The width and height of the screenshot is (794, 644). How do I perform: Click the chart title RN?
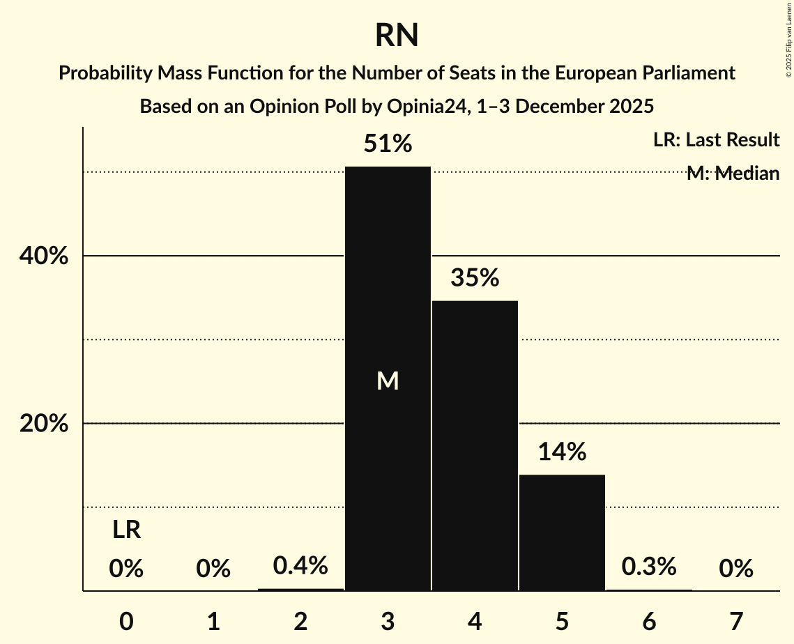[397, 35]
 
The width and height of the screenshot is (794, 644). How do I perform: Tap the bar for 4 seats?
[475, 446]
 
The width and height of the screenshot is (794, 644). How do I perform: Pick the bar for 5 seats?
[562, 532]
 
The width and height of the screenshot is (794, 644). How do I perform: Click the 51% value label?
[388, 144]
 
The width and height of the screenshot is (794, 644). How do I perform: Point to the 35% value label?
[475, 278]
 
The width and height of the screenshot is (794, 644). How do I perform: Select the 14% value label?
[562, 452]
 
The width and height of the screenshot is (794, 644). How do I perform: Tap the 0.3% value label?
[649, 567]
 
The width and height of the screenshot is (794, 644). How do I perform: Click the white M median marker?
[388, 381]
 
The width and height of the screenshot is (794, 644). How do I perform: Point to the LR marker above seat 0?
[126, 530]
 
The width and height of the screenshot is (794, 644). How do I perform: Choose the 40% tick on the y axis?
[44, 256]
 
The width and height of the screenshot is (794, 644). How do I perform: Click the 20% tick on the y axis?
[44, 424]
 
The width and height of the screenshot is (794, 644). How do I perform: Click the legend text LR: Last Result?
[716, 140]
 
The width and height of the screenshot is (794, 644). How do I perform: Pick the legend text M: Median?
[733, 173]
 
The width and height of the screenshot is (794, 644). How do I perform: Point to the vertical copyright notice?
[788, 38]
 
